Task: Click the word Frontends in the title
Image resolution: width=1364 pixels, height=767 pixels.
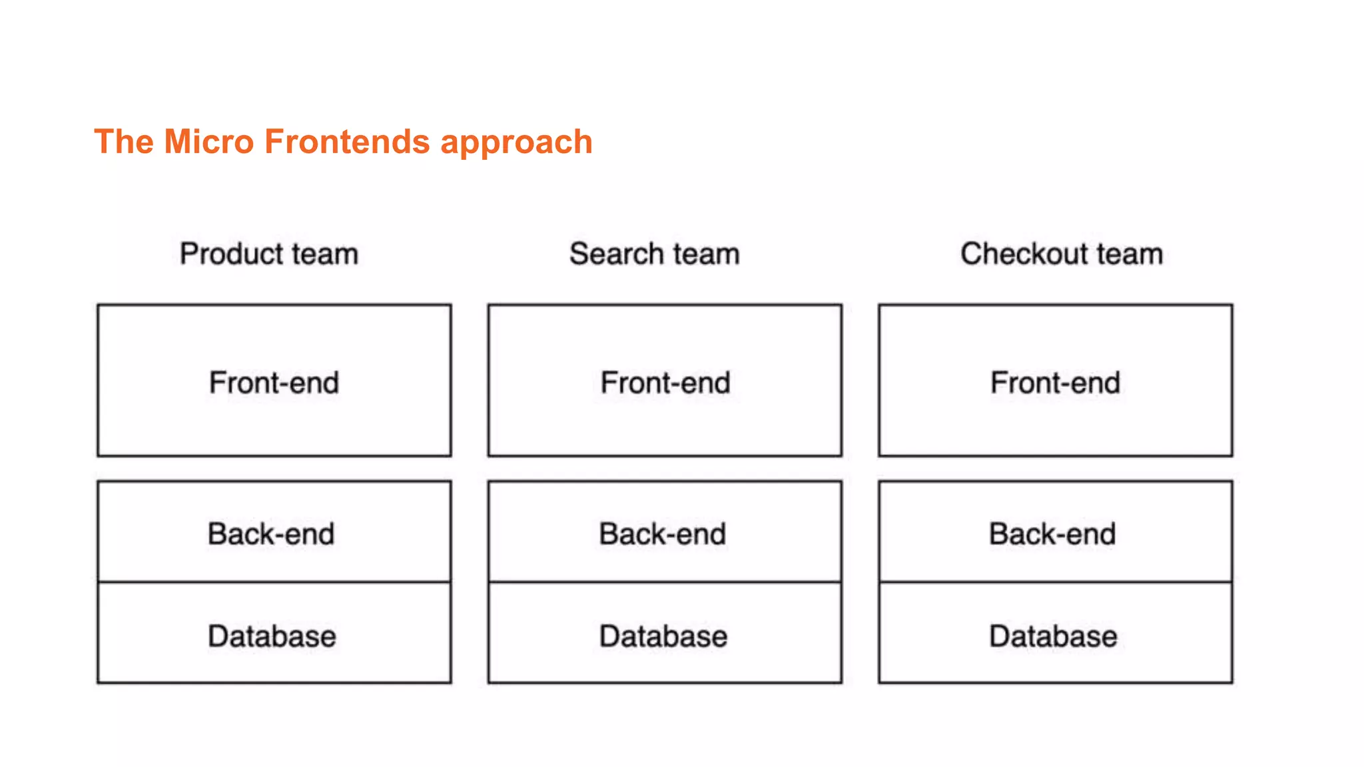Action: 346,142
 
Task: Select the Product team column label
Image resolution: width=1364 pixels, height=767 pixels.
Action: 269,254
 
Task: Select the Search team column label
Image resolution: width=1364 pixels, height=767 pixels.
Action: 654,254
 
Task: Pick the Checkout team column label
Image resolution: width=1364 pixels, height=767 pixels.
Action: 1062,254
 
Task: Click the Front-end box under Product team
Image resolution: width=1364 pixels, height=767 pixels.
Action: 274,381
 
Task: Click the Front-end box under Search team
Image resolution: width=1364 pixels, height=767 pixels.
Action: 665,381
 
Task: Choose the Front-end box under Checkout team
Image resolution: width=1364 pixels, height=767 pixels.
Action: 1055,381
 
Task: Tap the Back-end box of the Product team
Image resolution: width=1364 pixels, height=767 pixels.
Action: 274,532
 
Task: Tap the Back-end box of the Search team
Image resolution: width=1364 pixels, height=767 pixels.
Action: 665,532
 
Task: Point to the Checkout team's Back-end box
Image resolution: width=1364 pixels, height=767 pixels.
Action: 1055,532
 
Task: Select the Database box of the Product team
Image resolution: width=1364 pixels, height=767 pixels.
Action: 274,634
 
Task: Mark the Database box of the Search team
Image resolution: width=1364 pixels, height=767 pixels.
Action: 665,634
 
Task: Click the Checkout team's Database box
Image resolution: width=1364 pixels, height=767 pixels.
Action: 1055,634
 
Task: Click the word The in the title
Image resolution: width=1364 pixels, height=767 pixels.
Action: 124,142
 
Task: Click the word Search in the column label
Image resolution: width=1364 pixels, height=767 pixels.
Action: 617,254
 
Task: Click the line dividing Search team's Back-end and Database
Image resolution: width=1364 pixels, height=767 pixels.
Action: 665,583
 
